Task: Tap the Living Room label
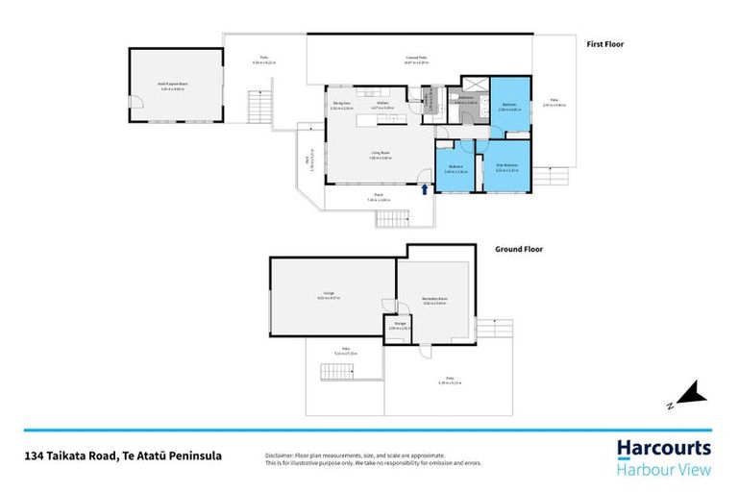tap(380, 152)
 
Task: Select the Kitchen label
tap(382, 103)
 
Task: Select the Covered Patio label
tap(416, 60)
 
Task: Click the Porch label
tap(379, 195)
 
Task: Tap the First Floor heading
tap(606, 44)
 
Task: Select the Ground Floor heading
tap(519, 249)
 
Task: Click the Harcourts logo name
tap(663, 448)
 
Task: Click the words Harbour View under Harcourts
tap(663, 470)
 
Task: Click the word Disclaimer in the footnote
tap(280, 455)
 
